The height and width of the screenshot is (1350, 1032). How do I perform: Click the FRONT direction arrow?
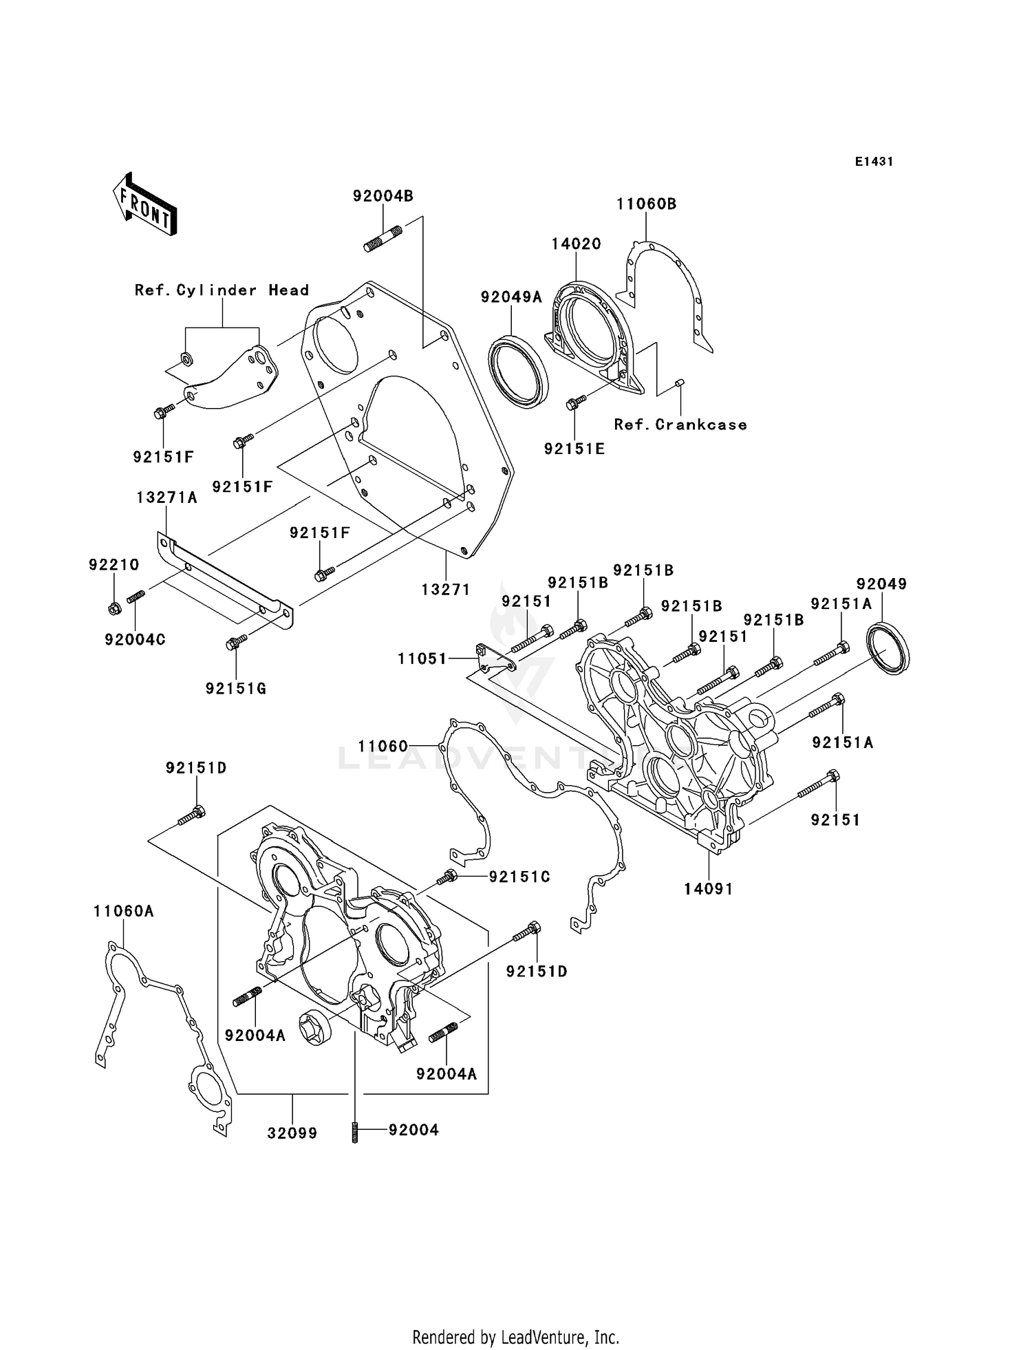tap(144, 204)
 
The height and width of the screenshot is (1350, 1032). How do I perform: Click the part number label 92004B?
tap(383, 196)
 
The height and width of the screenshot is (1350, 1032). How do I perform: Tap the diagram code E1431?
tap(874, 162)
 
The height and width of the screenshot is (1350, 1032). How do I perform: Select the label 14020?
tap(576, 244)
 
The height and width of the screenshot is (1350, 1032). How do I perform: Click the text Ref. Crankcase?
tap(680, 425)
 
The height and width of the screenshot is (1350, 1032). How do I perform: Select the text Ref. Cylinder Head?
tap(222, 290)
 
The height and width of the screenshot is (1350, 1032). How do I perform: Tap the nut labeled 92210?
tap(115, 608)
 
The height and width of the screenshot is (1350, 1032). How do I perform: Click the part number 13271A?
tap(166, 497)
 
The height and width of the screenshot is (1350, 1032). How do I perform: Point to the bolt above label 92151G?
tap(235, 643)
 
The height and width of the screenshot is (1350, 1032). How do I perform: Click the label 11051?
tap(422, 658)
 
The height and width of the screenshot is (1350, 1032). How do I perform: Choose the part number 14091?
tap(708, 889)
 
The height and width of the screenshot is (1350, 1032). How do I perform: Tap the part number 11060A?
tap(124, 911)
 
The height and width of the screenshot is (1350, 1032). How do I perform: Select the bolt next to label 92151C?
tap(447, 877)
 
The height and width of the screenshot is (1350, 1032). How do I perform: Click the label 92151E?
tap(574, 449)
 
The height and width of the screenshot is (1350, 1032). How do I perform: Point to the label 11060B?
tap(646, 204)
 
